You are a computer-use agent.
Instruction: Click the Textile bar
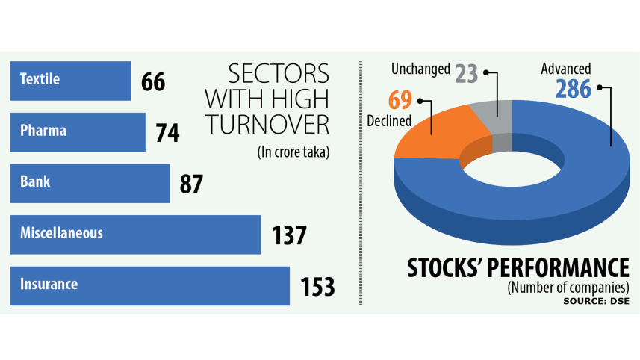(x=70, y=81)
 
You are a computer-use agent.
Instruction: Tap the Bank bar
(x=90, y=183)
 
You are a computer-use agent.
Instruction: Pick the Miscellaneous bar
(x=135, y=235)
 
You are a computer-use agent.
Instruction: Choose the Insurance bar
(x=149, y=285)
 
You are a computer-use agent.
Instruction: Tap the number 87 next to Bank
(x=191, y=184)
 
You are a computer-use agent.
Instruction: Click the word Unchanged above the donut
(x=420, y=69)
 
